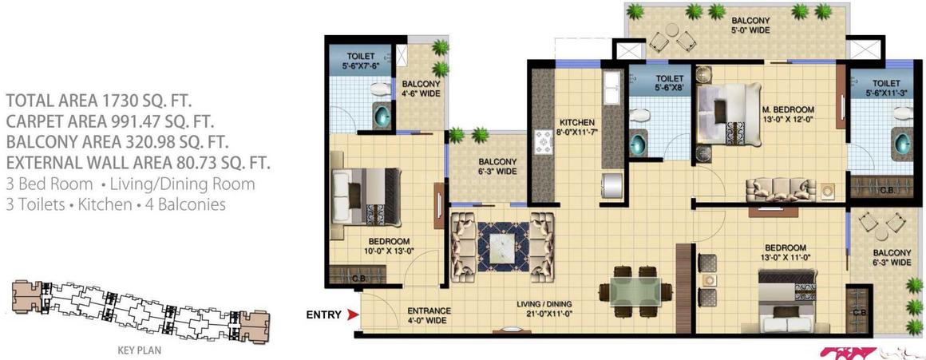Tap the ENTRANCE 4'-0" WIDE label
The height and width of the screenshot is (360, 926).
[x=429, y=315]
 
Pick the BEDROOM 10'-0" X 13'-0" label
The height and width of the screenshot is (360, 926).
[x=389, y=246]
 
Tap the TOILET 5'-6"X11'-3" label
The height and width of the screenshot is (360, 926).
[x=886, y=88]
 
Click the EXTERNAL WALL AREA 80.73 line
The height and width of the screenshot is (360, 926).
[x=138, y=163]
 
